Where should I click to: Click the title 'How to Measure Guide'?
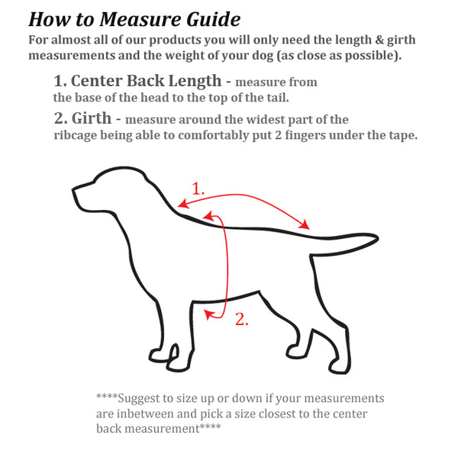[134, 19]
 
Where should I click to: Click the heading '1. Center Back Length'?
[142, 81]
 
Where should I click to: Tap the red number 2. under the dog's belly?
[241, 320]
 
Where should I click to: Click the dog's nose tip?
[74, 189]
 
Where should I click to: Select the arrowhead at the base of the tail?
[307, 225]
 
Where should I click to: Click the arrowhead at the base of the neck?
[181, 205]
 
